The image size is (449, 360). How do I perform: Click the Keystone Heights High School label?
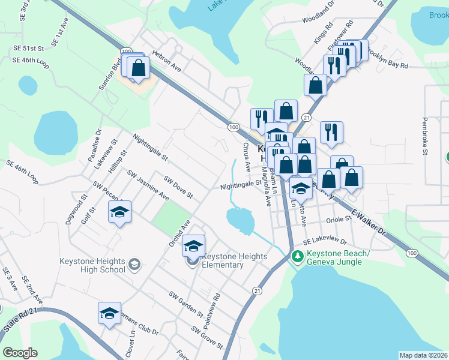pyautogui.click(x=92, y=265)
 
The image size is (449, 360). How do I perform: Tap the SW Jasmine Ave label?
pyautogui.click(x=148, y=184)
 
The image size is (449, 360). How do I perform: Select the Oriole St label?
pyautogui.click(x=339, y=220)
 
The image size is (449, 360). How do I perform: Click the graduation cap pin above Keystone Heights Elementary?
pyautogui.click(x=193, y=246)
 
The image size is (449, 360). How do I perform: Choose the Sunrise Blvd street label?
pyautogui.click(x=110, y=74)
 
